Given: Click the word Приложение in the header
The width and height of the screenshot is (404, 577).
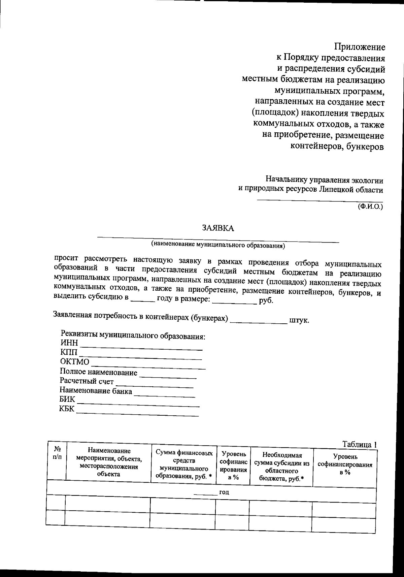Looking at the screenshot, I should [x=360, y=46].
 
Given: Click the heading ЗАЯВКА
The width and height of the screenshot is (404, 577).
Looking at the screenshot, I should [x=218, y=228].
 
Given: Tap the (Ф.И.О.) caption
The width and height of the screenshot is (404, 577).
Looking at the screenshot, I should [x=370, y=206].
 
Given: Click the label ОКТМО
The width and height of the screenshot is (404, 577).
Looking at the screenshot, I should [x=75, y=362].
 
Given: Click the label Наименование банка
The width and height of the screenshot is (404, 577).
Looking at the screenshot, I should [x=96, y=391].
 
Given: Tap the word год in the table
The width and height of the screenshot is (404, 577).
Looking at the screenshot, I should [x=224, y=492].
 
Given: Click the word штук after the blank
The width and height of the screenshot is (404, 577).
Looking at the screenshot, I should [x=299, y=320].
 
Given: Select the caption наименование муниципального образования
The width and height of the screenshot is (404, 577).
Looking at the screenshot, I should [x=218, y=245].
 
